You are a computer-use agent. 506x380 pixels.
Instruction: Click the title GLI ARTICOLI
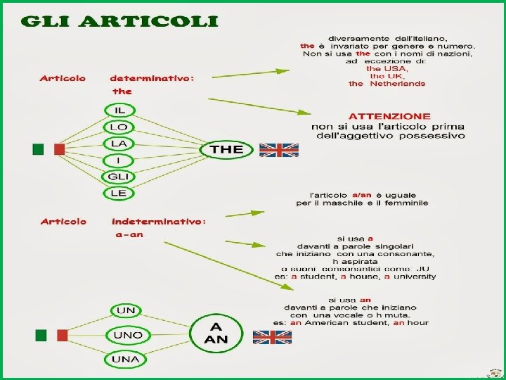tap(119, 20)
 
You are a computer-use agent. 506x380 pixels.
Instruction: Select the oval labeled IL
tap(120, 110)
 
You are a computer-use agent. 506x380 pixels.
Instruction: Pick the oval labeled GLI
tap(117, 176)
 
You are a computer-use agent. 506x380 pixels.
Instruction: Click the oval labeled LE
tap(117, 192)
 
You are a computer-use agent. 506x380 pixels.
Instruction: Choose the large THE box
tap(226, 149)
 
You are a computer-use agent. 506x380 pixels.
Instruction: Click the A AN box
tap(214, 332)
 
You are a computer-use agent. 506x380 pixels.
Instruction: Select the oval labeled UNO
tap(127, 335)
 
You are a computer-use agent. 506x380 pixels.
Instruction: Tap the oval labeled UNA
tap(126, 359)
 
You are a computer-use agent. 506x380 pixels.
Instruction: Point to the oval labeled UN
tap(126, 310)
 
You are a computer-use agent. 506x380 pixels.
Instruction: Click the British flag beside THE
tap(279, 150)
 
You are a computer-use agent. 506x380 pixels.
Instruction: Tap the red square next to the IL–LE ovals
tap(59, 149)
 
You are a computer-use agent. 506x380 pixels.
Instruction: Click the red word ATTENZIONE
tap(390, 115)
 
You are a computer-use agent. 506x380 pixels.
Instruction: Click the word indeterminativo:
tap(159, 222)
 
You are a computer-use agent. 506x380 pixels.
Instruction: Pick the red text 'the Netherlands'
tap(387, 84)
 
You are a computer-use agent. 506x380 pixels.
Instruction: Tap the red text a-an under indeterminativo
tap(129, 234)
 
